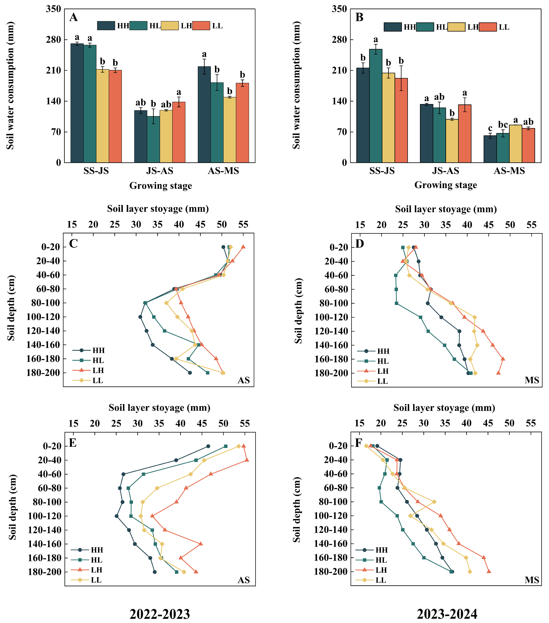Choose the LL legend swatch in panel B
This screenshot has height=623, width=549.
[488, 27]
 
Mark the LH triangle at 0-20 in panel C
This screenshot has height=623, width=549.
[243, 247]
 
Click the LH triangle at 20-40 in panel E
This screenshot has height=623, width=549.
[247, 460]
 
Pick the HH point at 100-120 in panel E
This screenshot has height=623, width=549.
[117, 516]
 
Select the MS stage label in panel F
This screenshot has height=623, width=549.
[532, 580]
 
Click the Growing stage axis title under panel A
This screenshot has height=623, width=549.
[161, 186]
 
